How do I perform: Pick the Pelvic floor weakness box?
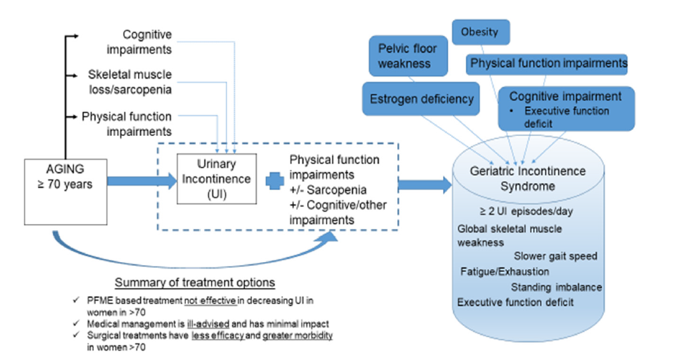point(404,56)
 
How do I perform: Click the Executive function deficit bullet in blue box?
point(566,117)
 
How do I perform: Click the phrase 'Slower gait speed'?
point(555,255)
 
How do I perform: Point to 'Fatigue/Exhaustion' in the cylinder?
point(504,271)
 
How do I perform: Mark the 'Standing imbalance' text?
point(556,287)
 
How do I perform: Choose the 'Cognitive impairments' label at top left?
point(147,41)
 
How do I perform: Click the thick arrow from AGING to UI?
point(131,180)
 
